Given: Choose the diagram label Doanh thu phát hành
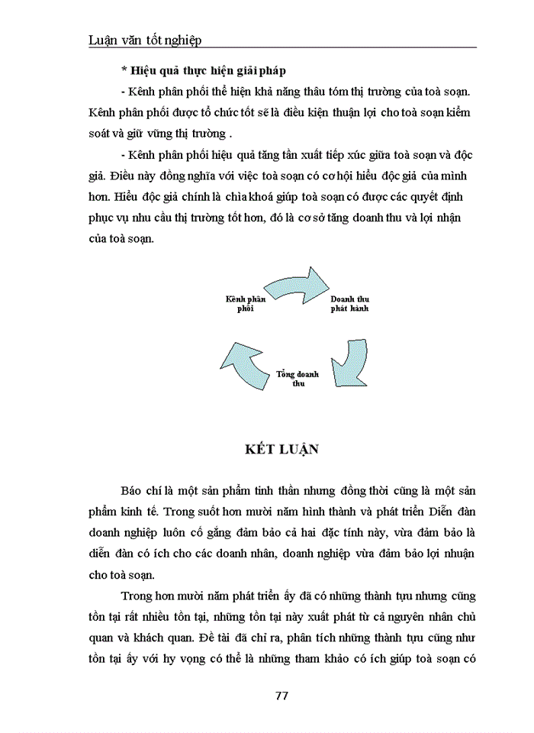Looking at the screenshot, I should click(349, 303).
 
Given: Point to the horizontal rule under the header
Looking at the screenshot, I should click(281, 50).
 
